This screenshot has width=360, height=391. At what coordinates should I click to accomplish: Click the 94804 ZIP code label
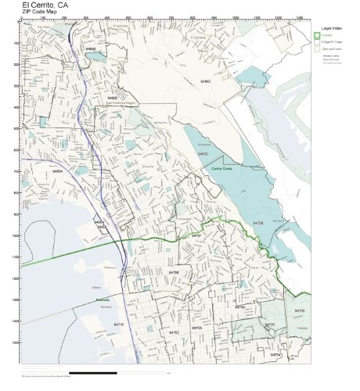[57, 172]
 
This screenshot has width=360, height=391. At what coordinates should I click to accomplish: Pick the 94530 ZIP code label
[203, 154]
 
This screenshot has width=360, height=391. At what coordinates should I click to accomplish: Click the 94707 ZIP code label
[196, 235]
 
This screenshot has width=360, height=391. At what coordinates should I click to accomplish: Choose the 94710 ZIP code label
[119, 324]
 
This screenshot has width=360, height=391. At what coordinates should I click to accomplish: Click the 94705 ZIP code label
[300, 310]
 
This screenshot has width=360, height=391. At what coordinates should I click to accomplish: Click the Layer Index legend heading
[328, 27]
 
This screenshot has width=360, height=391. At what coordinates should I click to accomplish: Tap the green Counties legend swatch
[317, 35]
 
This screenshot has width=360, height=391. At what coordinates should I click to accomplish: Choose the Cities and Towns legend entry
[333, 48]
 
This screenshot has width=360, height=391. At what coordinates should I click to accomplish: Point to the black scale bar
[94, 373]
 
